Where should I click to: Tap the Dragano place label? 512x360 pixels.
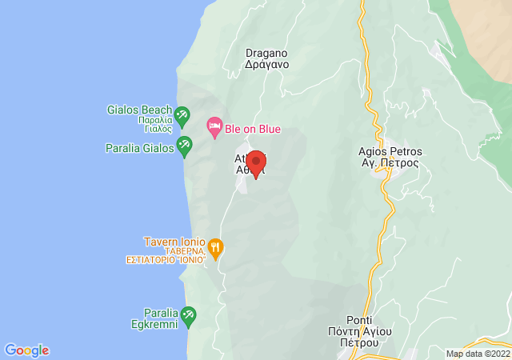(266, 53)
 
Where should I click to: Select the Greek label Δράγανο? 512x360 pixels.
(266, 65)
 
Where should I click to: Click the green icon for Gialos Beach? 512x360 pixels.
(182, 115)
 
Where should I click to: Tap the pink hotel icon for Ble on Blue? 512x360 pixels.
(214, 126)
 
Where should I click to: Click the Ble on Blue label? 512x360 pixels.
(254, 129)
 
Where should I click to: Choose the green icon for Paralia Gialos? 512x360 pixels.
(185, 145)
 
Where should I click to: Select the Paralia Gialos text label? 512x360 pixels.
(140, 148)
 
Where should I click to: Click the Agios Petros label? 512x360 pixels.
(390, 151)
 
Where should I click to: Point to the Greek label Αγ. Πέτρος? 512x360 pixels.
(390, 163)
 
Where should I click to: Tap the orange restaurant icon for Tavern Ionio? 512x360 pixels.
(215, 244)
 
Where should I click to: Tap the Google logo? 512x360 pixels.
(26, 350)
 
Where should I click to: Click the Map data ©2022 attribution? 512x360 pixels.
(478, 354)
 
